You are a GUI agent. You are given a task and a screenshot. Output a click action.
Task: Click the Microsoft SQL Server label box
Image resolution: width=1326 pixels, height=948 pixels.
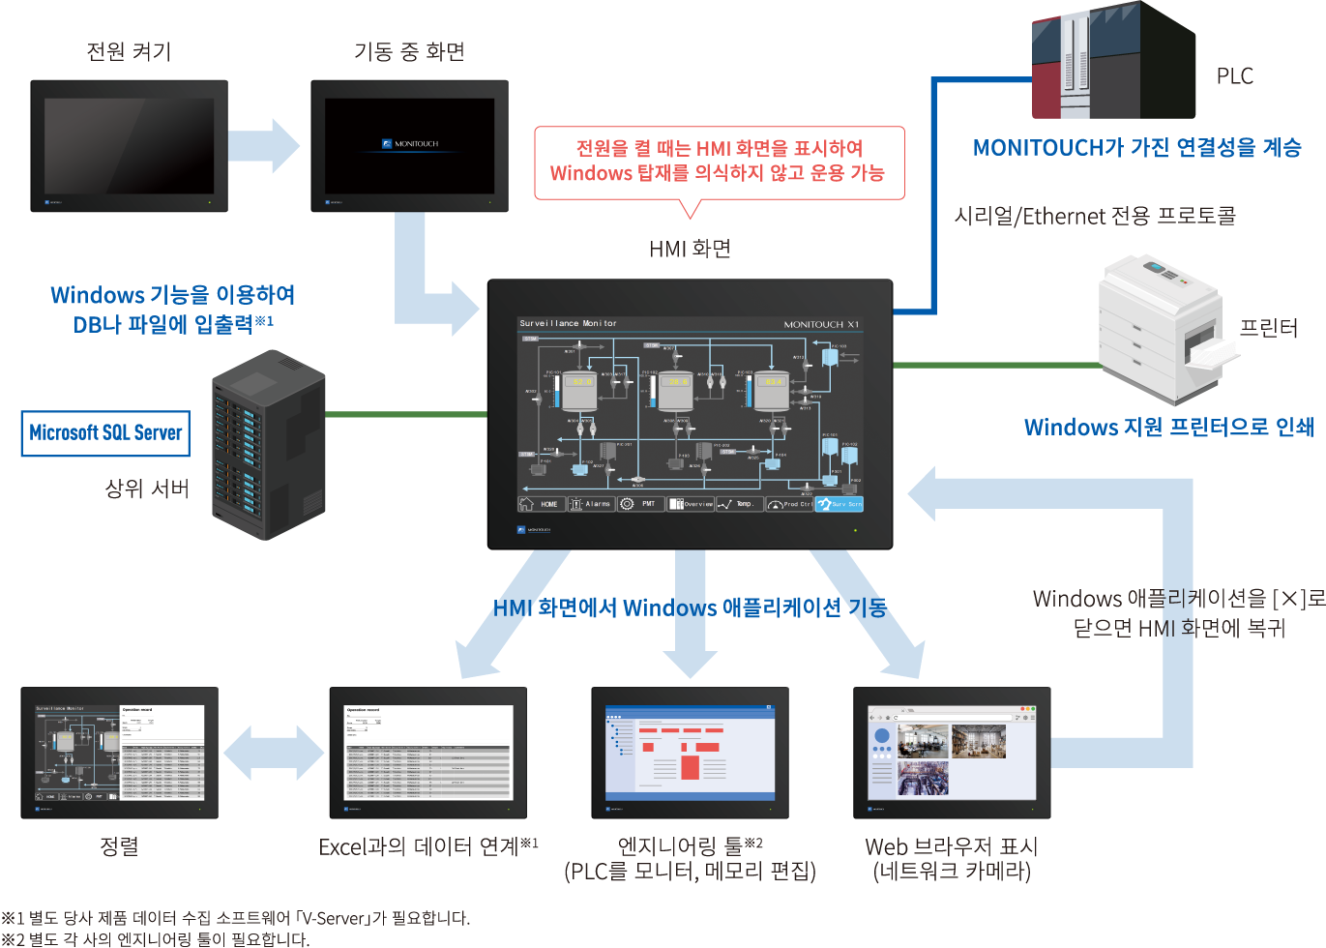tap(105, 433)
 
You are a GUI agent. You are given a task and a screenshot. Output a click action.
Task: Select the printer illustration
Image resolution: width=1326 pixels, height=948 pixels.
tap(1161, 329)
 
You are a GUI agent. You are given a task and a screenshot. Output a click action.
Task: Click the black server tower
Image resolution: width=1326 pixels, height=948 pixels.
tap(268, 445)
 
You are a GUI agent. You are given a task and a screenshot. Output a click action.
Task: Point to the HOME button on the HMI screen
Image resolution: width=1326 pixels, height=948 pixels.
tap(541, 504)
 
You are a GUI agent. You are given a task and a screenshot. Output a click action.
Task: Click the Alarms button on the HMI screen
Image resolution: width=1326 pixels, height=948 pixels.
tap(591, 504)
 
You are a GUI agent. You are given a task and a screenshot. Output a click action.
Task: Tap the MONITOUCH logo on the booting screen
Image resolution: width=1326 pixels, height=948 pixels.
tap(410, 144)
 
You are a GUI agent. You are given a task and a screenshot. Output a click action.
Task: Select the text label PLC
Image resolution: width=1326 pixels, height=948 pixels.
tap(1234, 76)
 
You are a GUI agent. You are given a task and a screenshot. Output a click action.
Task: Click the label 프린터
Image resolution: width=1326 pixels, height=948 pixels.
tap(1268, 328)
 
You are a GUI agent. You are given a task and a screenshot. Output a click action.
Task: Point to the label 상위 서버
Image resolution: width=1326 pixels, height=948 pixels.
tap(147, 489)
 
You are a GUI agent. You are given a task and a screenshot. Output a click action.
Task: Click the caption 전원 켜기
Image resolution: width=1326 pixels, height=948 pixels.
tap(129, 51)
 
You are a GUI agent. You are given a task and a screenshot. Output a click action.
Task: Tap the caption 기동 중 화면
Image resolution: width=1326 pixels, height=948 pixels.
tap(409, 51)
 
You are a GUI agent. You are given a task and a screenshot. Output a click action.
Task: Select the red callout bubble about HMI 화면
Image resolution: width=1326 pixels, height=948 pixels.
tap(719, 162)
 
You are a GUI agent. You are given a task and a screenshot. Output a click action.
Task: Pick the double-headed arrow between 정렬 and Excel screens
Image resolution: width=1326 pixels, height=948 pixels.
tap(274, 753)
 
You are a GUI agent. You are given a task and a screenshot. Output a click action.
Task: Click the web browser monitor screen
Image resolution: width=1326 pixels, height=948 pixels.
tap(952, 752)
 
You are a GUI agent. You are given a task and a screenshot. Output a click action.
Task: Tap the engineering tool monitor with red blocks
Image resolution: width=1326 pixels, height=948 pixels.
tap(690, 752)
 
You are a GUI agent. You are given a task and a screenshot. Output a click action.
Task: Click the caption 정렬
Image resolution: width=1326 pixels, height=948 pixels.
tap(120, 846)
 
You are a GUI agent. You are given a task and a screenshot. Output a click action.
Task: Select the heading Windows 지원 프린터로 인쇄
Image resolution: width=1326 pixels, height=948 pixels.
tap(1168, 428)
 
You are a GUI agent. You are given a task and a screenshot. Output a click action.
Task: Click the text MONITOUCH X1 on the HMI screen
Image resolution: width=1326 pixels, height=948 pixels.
tap(820, 324)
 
